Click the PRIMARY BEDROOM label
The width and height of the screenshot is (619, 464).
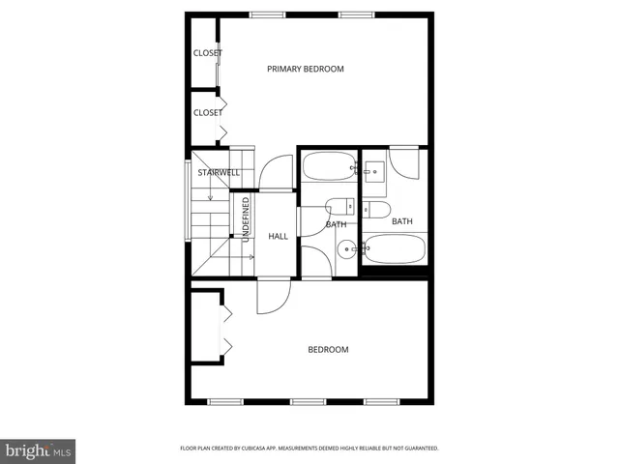pos(306,69)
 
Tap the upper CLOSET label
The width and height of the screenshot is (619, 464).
pos(207,53)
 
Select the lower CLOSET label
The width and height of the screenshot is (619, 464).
pos(207,113)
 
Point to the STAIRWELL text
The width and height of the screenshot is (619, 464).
pos(219,173)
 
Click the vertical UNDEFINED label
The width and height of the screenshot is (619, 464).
pos(246,219)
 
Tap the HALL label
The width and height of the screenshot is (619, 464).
pos(279,236)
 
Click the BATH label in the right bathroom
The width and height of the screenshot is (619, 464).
pos(402,221)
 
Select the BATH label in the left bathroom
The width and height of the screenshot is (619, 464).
pos(337,225)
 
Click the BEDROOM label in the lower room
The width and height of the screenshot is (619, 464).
pos(328,350)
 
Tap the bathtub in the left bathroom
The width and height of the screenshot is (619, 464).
pos(328,167)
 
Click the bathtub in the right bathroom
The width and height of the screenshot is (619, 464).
pos(393,249)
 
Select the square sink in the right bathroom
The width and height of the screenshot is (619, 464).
pos(375,171)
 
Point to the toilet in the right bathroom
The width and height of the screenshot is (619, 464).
pos(376,209)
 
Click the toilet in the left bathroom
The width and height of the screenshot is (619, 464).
pos(339,205)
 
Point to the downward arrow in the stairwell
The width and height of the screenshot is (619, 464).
pos(209,196)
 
